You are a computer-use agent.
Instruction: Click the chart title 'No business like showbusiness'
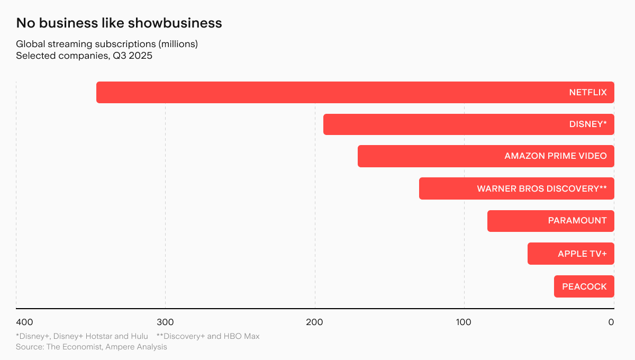coord(119,23)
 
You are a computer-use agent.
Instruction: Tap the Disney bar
coord(444,124)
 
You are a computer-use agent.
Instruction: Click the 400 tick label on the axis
coord(24,322)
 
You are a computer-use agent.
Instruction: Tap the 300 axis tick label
coord(165,322)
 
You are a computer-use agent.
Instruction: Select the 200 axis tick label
coord(315,322)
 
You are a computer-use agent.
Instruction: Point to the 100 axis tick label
coord(464,322)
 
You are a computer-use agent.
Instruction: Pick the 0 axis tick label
coord(611,322)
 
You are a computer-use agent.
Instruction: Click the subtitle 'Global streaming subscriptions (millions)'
coord(107,44)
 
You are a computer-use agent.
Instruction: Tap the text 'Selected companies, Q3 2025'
coord(84,56)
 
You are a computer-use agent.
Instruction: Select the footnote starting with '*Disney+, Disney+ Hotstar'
coord(82,336)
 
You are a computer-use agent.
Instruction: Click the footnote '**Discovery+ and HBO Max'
coord(208,336)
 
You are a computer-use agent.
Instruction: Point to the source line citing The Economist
coord(92,347)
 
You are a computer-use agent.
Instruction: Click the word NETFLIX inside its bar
coord(588,92)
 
